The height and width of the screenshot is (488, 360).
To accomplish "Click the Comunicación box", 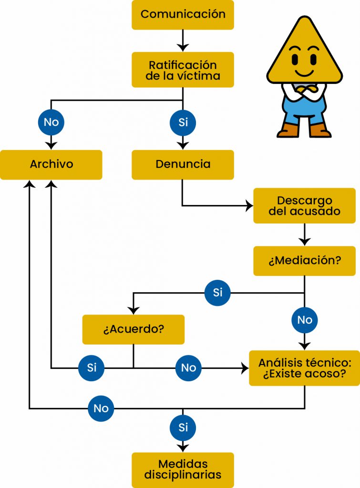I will click(183, 14).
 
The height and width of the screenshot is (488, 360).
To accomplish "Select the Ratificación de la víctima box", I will click(183, 70).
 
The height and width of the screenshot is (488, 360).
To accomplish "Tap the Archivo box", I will click(51, 164).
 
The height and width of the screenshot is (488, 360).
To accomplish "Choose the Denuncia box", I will click(183, 164).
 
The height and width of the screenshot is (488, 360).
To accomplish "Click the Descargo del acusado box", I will click(304, 205).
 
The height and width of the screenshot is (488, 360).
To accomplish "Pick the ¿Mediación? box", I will click(304, 261).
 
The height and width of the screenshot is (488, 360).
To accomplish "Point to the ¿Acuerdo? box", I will click(133, 329).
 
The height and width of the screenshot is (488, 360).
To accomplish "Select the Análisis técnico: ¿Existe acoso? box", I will click(304, 368).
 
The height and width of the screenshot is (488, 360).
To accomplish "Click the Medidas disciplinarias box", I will click(183, 469).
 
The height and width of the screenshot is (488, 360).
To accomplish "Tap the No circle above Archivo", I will click(51, 122).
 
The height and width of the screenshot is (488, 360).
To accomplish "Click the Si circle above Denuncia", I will click(183, 122).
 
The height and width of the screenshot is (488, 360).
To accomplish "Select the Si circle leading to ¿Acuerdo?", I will click(217, 292).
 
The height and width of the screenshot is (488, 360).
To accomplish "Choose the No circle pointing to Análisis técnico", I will click(188, 368).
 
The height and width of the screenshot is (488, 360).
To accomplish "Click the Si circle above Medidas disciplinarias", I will click(183, 427).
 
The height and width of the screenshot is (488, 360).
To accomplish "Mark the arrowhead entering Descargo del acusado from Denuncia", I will click(249, 206).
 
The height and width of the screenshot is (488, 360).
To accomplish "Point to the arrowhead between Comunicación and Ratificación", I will click(183, 47).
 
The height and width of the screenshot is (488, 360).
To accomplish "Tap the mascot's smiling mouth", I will click(304, 72).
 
